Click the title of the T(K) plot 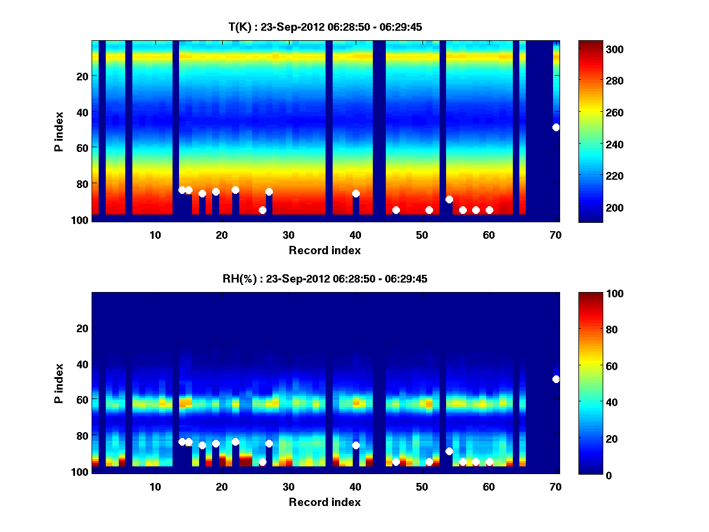point(324,27)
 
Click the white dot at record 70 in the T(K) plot point(556,127)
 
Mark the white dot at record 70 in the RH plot point(556,379)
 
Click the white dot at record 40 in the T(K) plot point(356,193)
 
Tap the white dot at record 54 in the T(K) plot point(449,199)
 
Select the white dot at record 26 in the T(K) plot point(262,210)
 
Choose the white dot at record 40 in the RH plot point(356,445)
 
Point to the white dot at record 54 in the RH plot point(449,451)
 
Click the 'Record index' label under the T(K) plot point(324,250)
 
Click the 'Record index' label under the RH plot point(324,502)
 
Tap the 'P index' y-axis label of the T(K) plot point(58,131)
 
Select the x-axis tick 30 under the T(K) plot point(288,235)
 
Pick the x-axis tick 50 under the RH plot point(422,486)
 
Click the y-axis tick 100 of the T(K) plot point(81,220)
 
